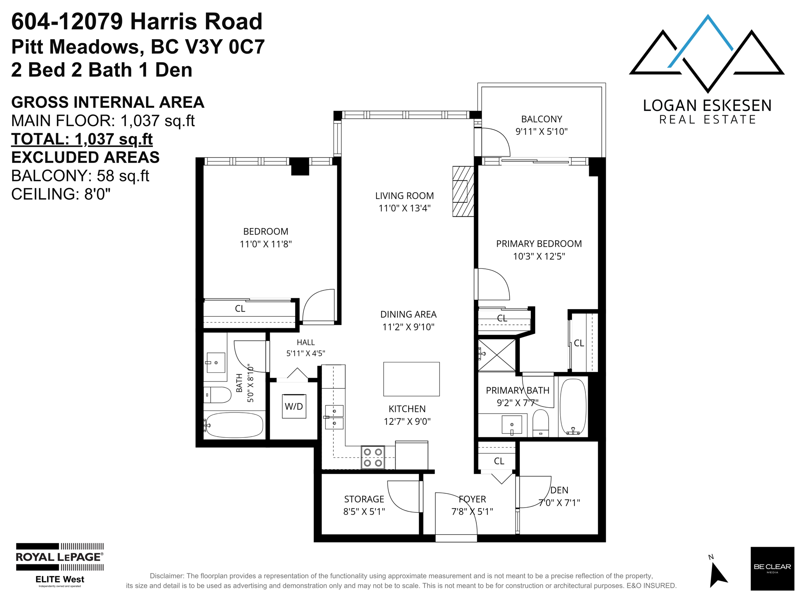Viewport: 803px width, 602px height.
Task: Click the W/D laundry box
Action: point(294,406)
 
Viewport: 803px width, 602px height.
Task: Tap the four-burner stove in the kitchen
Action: point(372,457)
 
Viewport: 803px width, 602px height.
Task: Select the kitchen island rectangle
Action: point(411,379)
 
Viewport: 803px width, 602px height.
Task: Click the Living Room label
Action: point(405,196)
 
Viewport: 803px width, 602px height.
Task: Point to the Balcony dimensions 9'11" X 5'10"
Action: point(541,131)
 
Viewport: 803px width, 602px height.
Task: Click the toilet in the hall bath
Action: point(217,395)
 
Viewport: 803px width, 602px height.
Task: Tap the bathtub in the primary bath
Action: point(573,406)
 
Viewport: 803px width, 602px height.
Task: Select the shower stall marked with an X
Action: point(497,355)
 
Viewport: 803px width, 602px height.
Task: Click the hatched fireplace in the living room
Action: point(463,191)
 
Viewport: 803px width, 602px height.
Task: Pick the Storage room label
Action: point(364,499)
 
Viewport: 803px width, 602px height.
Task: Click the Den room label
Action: point(559,490)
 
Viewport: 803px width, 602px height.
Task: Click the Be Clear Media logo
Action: point(772,568)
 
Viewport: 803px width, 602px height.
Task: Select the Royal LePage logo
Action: point(60,564)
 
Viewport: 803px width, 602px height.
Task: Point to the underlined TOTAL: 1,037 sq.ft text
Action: point(82,139)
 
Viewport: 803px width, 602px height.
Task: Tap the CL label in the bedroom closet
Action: point(240,309)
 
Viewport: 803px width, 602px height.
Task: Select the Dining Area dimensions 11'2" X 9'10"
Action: point(408,327)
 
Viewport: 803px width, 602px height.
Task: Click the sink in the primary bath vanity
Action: point(512,425)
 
